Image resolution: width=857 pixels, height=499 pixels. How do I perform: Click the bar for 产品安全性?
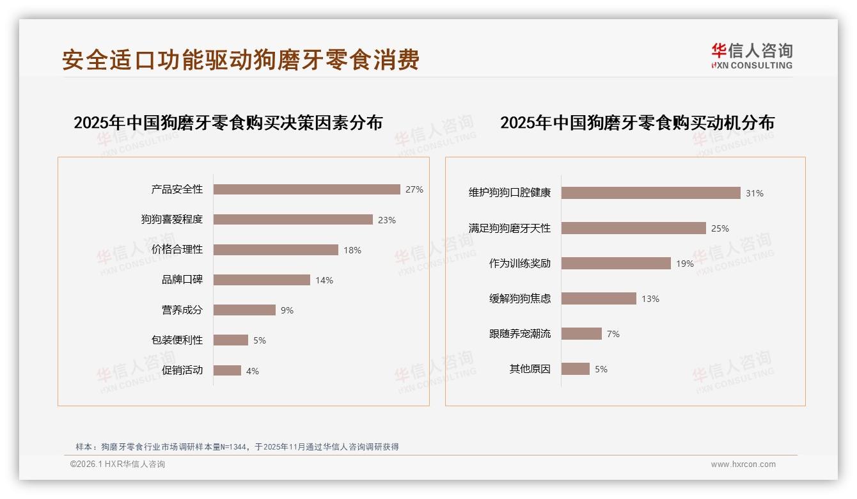[306, 189]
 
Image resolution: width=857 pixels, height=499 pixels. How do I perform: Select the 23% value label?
[387, 220]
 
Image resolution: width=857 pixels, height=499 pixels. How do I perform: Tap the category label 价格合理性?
[177, 249]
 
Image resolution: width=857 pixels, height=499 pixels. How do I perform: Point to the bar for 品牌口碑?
[262, 280]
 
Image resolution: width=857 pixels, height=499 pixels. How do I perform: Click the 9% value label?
[287, 310]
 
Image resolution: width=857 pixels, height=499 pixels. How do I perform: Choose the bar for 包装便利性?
[230, 340]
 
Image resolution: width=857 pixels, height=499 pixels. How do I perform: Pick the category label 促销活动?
[182, 370]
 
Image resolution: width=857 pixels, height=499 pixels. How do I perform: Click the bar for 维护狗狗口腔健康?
[650, 193]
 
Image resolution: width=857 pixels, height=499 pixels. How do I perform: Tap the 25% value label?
[720, 228]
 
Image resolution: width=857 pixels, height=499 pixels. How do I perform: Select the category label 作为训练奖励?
[519, 264]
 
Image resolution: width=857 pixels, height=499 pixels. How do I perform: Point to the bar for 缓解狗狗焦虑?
[599, 299]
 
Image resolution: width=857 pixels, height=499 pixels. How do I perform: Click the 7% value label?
[613, 334]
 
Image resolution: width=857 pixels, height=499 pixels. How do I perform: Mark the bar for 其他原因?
[576, 369]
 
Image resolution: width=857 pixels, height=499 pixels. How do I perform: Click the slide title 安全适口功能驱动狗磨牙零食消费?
[240, 59]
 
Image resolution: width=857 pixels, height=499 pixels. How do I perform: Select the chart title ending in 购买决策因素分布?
[228, 122]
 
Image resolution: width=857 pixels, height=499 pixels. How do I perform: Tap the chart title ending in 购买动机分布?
[637, 122]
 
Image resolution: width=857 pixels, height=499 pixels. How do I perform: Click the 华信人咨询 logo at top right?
[751, 56]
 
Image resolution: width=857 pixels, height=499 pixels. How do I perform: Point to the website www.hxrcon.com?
[743, 464]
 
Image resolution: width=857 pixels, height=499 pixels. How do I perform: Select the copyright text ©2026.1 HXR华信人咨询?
[118, 464]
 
